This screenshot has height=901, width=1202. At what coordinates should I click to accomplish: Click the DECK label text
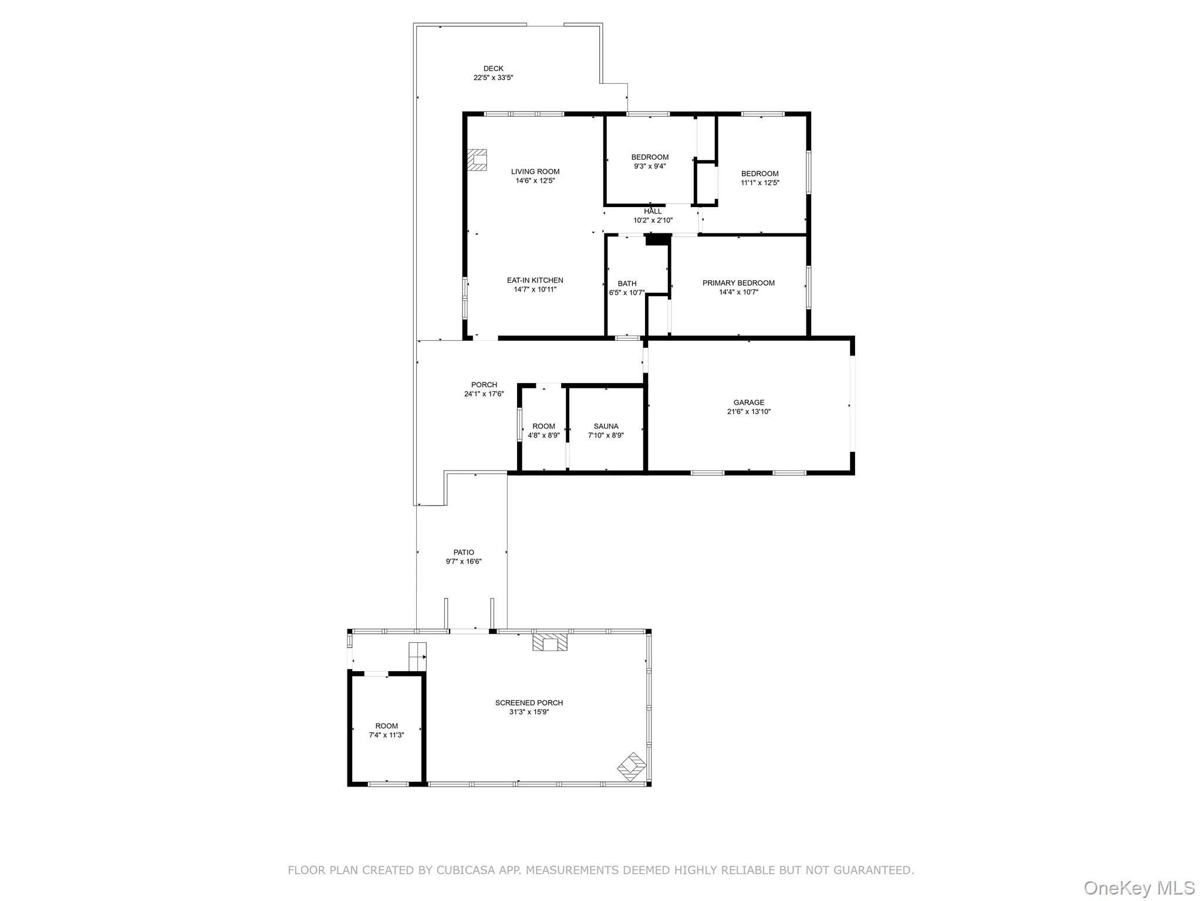493,69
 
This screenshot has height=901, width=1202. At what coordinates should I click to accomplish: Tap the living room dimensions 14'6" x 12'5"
535,181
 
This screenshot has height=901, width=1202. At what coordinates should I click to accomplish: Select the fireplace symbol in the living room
477,160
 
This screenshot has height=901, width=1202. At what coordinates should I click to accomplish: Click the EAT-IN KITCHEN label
535,280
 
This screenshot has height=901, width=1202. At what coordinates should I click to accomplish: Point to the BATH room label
627,284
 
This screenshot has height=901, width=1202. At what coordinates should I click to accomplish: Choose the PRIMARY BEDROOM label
738,283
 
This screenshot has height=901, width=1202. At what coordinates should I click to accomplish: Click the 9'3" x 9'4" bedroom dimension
650,166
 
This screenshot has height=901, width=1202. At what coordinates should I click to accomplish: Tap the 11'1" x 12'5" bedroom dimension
759,182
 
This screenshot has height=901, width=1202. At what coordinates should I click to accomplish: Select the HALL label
653,211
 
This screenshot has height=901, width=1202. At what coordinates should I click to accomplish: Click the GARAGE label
748,402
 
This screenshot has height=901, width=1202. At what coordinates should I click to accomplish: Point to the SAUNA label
606,426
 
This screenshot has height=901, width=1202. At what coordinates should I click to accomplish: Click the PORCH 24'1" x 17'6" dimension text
484,394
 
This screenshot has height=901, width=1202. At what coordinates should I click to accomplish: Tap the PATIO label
464,552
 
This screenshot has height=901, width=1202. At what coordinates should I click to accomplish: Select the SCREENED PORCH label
529,703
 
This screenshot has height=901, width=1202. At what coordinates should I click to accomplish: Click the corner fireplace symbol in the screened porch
632,767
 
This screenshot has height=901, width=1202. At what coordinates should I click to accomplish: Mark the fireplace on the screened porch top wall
550,642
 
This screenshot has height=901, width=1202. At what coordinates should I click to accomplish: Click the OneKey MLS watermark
1139,888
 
